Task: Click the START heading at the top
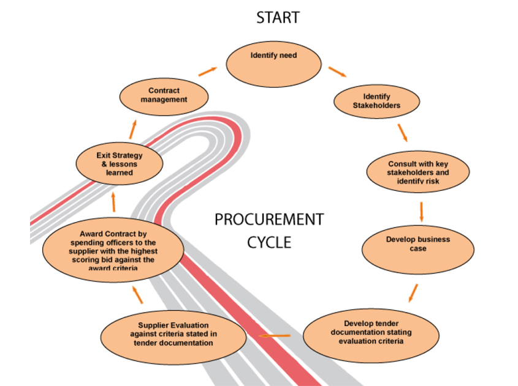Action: pos(278,18)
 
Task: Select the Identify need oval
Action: pos(273,64)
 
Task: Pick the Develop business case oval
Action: pos(418,247)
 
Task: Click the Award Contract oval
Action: pos(113,250)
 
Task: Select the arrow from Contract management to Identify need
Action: pos(207,71)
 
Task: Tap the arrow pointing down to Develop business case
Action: pos(422,211)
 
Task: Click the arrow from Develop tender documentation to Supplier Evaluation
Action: pos(275,336)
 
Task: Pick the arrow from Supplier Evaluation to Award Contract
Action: pos(138,296)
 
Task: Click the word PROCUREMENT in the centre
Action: pos(269,220)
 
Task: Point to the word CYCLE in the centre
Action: pos(269,242)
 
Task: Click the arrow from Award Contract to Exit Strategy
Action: pos(113,202)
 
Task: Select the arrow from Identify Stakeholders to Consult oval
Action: pos(402,132)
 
